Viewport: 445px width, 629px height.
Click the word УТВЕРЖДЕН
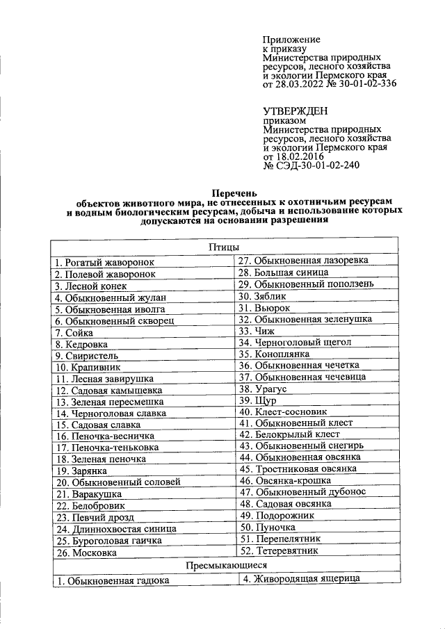296,111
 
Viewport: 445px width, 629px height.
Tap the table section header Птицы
224,247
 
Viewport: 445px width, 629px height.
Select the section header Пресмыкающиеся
224,566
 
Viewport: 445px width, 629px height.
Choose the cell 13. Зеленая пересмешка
110,402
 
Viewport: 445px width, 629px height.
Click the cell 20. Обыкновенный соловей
118,482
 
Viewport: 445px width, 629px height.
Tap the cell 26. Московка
86,553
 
